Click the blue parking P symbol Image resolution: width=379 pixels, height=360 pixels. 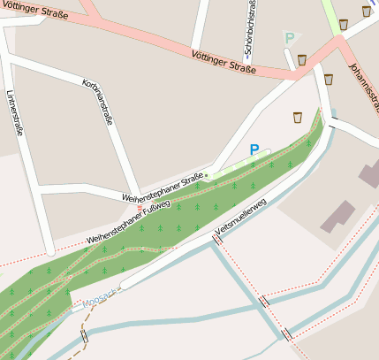(x=254, y=150)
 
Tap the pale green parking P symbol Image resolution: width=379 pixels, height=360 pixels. (x=289, y=38)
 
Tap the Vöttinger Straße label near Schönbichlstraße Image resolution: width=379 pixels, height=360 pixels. (x=223, y=61)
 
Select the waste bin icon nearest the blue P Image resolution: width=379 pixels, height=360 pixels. (x=298, y=117)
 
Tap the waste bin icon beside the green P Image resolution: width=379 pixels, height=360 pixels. (x=302, y=60)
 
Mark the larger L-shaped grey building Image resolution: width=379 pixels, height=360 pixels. (x=338, y=214)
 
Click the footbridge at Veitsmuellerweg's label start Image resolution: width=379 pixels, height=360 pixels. (x=216, y=239)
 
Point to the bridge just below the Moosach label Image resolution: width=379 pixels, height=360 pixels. (x=85, y=337)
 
